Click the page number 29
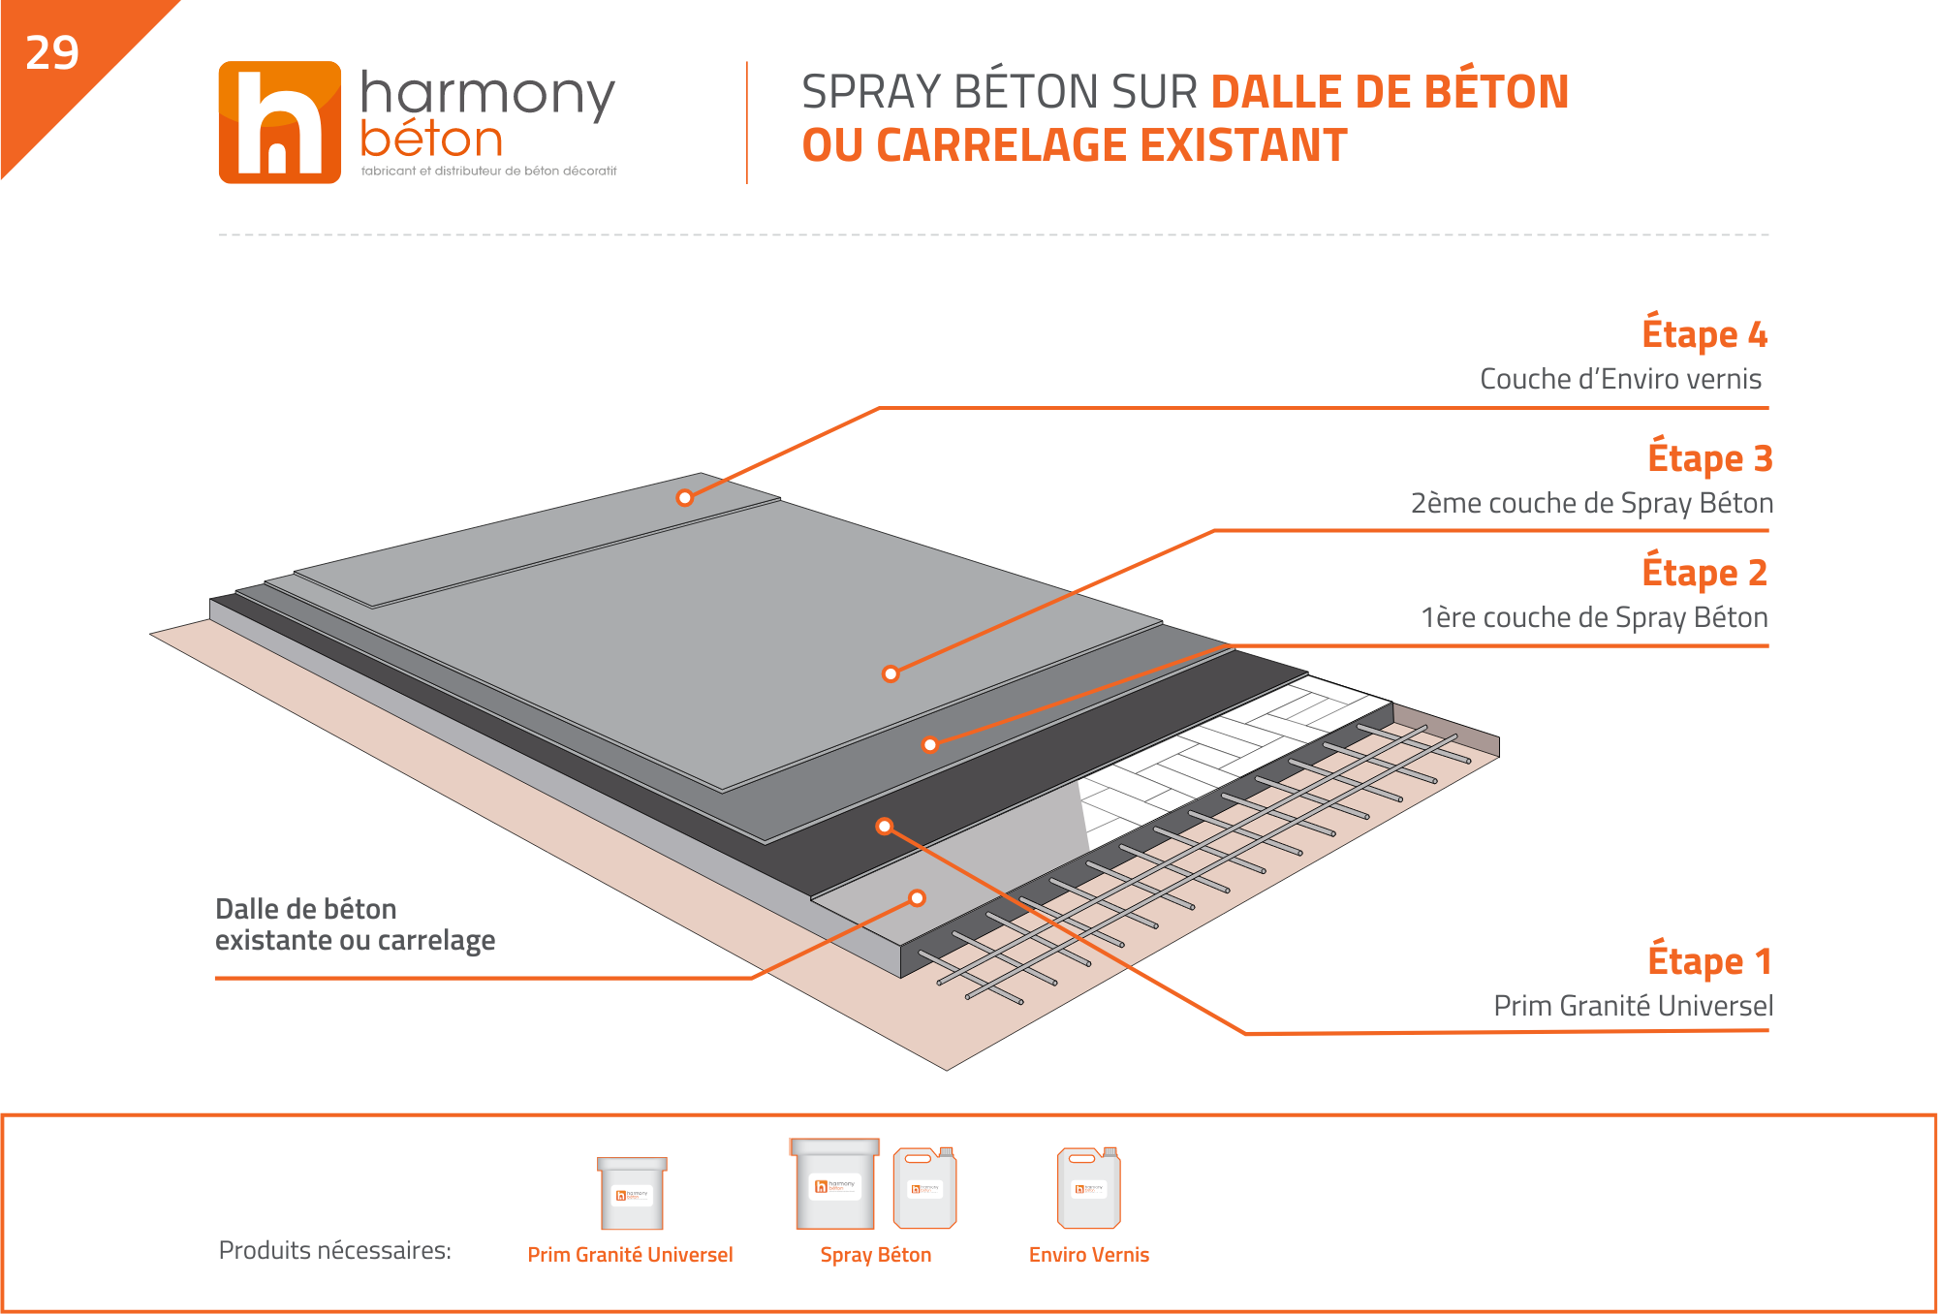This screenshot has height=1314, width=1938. (x=52, y=53)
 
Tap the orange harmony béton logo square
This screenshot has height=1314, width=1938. (x=280, y=122)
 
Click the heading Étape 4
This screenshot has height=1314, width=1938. (x=1704, y=332)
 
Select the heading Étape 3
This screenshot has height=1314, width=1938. (x=1710, y=456)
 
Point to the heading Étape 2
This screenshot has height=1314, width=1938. (x=1704, y=571)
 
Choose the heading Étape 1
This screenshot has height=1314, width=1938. (x=1710, y=959)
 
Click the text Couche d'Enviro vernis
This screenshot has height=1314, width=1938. (x=1620, y=379)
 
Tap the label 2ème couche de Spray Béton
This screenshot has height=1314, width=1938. (x=1592, y=504)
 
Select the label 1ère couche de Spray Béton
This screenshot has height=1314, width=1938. (x=1594, y=617)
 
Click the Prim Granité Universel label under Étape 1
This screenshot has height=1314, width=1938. (x=1634, y=1006)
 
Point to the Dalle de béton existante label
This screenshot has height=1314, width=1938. (x=355, y=924)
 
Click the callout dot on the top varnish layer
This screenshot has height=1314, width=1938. (x=685, y=498)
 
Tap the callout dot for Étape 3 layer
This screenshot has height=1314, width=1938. (x=891, y=673)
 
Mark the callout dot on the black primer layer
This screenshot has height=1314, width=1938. (x=884, y=827)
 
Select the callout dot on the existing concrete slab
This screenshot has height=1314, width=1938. (x=917, y=898)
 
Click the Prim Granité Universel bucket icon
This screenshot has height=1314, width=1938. (x=632, y=1193)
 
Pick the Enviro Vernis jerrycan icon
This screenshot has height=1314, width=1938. (x=1089, y=1187)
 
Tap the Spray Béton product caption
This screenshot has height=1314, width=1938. (x=876, y=1255)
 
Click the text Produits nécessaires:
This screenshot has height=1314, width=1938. (x=335, y=1250)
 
